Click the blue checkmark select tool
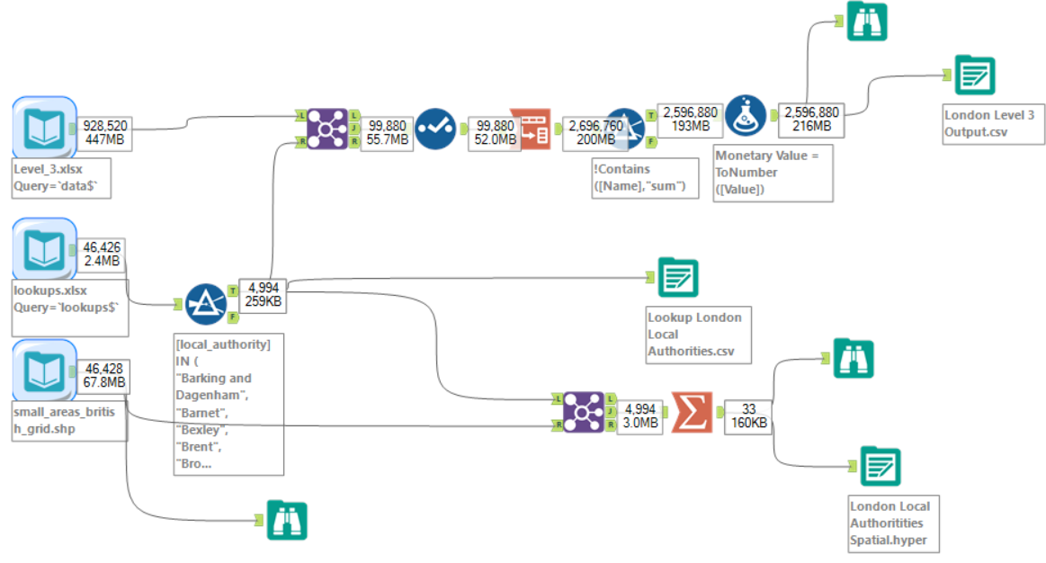click(434, 128)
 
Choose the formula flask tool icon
click(745, 114)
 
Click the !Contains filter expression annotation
click(643, 178)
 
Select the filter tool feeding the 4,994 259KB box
click(206, 304)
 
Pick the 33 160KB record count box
click(748, 416)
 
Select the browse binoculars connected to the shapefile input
click(288, 520)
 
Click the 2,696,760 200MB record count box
click(595, 133)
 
